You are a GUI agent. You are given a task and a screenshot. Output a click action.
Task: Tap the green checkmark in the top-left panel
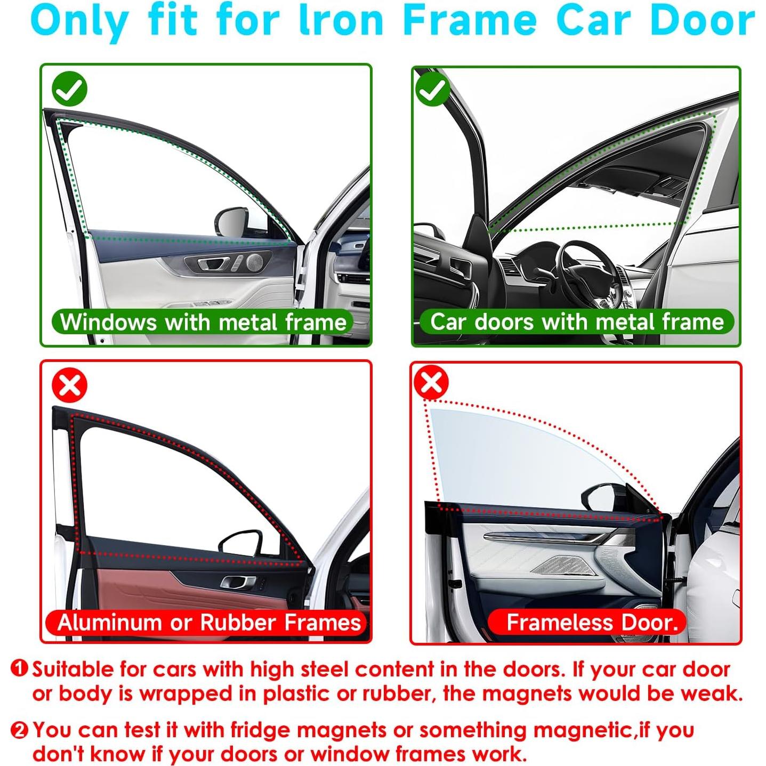(x=69, y=88)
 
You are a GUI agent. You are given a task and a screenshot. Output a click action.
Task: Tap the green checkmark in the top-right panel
(x=432, y=90)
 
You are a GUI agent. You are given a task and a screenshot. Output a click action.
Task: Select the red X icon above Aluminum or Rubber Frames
(x=69, y=385)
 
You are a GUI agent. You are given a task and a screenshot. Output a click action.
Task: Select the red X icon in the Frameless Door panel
(x=431, y=382)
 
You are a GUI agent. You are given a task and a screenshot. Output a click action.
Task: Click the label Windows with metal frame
(x=203, y=322)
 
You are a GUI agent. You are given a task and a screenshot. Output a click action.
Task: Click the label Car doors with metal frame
(x=576, y=322)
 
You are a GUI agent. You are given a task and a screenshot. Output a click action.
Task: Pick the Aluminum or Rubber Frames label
(x=208, y=623)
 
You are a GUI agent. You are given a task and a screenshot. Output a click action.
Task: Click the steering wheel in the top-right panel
(x=586, y=272)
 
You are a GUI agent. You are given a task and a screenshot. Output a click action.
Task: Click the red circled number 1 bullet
(x=19, y=668)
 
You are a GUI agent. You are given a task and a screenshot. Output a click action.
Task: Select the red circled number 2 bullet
(x=19, y=730)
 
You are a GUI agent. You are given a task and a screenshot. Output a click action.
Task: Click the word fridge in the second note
(x=254, y=730)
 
